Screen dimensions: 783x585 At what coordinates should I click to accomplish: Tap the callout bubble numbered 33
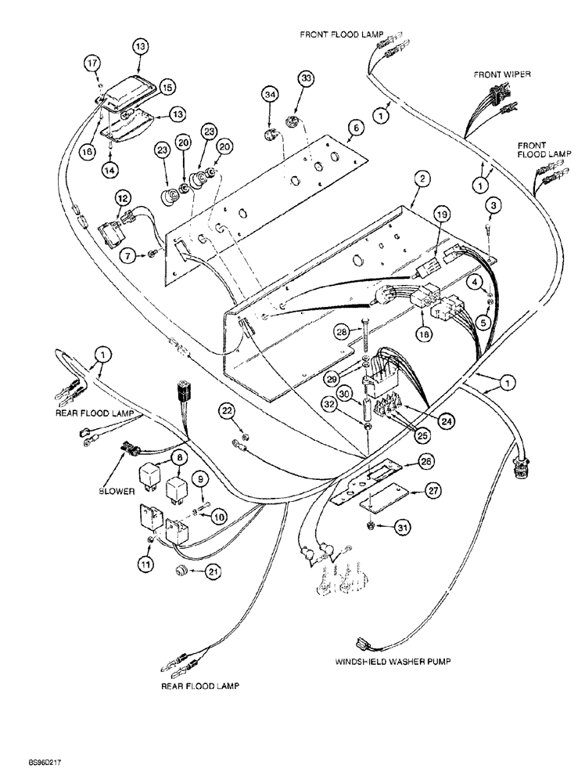306,79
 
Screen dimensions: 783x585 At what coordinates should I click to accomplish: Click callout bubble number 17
92,63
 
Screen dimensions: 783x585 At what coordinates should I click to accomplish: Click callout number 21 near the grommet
212,573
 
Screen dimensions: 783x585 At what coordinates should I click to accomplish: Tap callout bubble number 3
493,205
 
